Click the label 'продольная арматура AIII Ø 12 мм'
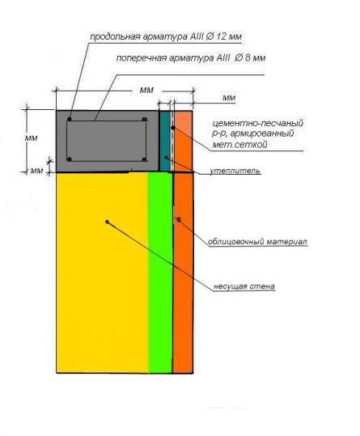coord(166,37)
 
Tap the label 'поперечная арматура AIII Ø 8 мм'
coord(191,58)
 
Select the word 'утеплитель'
coord(235,171)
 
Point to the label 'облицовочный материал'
coord(258,241)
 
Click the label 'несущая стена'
coord(244,286)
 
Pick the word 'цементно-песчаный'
coord(258,123)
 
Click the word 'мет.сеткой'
coord(239,144)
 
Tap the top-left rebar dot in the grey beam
coord(70,119)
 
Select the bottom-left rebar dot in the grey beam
coord(70,159)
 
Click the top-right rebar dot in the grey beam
coord(144,119)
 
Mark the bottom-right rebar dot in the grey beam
coord(144,159)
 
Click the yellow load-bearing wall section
coord(102,273)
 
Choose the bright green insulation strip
coord(160,273)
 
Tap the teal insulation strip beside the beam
coord(165,141)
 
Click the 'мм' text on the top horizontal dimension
coord(146,90)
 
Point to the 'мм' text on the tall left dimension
coord(31,138)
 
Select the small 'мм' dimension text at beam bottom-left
coord(36,171)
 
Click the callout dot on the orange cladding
coord(179,220)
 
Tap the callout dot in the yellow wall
coord(108,222)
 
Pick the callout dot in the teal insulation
coord(166,158)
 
